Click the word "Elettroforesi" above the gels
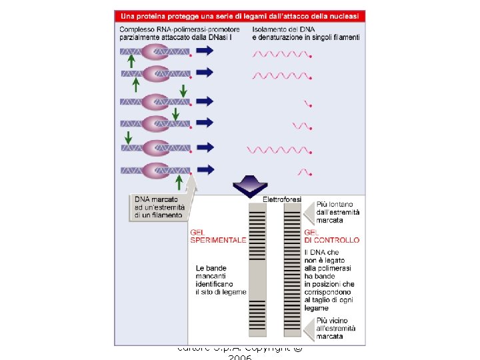(282, 199)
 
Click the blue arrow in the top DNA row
(205, 51)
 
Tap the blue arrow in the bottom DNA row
(205, 170)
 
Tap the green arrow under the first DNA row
(131, 61)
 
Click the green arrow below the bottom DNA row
(179, 181)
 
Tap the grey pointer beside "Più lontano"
(309, 213)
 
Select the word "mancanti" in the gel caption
(213, 276)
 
